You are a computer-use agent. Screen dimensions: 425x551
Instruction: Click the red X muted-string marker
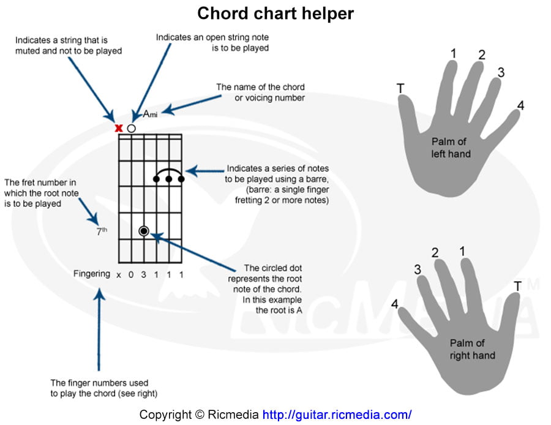pyautogui.click(x=119, y=128)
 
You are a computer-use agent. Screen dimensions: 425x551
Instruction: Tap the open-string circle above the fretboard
pyautogui.click(x=131, y=129)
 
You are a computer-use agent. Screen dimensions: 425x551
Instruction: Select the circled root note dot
pyautogui.click(x=144, y=231)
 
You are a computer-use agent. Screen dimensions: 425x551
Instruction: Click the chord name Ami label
pyautogui.click(x=150, y=113)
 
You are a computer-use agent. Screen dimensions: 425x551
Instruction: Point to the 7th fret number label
pyautogui.click(x=102, y=231)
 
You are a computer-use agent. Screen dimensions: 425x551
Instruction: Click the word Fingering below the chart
pyautogui.click(x=92, y=274)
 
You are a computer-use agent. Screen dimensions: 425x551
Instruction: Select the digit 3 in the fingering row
pyautogui.click(x=143, y=274)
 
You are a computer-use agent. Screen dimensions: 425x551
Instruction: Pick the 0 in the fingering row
pyautogui.click(x=130, y=274)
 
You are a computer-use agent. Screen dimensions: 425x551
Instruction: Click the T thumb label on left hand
pyautogui.click(x=400, y=89)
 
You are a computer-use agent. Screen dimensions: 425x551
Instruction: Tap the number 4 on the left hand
pyautogui.click(x=520, y=106)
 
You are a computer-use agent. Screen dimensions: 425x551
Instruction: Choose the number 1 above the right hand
pyautogui.click(x=462, y=251)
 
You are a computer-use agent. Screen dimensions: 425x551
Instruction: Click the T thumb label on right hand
pyautogui.click(x=518, y=286)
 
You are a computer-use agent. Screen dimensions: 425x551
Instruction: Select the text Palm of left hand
pyautogui.click(x=451, y=148)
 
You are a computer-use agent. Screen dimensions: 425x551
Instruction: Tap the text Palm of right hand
pyautogui.click(x=472, y=349)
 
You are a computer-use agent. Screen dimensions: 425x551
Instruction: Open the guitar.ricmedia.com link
pyautogui.click(x=337, y=415)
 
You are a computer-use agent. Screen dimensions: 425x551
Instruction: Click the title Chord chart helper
pyautogui.click(x=275, y=13)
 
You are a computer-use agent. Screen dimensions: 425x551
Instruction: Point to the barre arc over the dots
pyautogui.click(x=169, y=171)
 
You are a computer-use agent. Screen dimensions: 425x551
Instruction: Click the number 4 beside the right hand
pyautogui.click(x=395, y=304)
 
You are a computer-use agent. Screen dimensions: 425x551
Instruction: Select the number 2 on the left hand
pyautogui.click(x=482, y=55)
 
